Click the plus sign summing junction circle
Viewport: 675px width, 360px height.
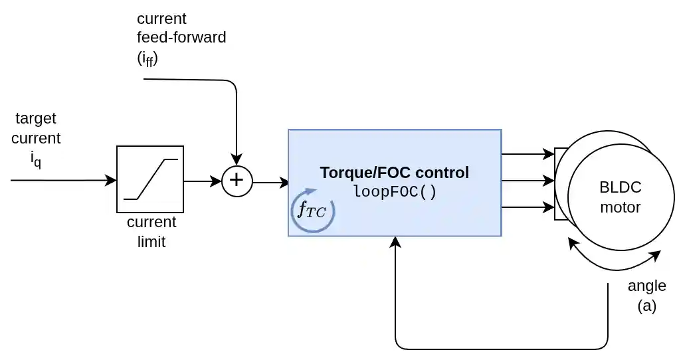point(237,181)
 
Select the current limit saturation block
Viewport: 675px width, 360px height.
point(150,179)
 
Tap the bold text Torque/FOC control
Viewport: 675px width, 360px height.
point(394,173)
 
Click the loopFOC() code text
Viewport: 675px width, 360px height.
point(395,192)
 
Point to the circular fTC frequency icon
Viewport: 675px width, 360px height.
point(312,212)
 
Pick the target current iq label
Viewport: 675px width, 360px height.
point(36,139)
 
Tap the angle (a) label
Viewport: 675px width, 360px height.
point(646,296)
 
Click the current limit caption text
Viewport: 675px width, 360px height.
point(151,232)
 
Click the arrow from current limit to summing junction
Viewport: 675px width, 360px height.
point(202,181)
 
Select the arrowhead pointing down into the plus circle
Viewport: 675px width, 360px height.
point(237,159)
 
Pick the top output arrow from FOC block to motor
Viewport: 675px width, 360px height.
point(528,154)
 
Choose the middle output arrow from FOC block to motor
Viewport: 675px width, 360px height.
point(528,181)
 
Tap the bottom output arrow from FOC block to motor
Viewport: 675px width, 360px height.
point(528,207)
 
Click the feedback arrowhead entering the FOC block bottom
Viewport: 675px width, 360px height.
point(395,242)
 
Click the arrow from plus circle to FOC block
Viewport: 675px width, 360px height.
point(271,182)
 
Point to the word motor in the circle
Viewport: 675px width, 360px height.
point(620,207)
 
